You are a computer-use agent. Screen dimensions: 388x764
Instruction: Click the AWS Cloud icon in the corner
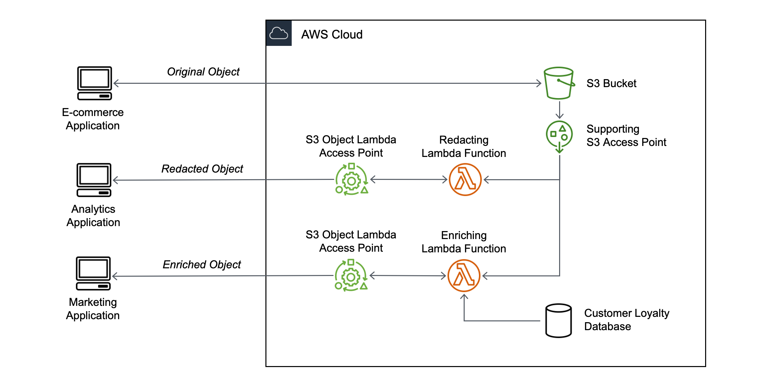pyautogui.click(x=279, y=33)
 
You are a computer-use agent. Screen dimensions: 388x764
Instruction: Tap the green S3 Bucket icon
pyautogui.click(x=559, y=83)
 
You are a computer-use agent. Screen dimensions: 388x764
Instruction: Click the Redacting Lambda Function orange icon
pyautogui.click(x=465, y=180)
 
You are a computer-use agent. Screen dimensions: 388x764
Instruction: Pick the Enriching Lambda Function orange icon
pyautogui.click(x=464, y=276)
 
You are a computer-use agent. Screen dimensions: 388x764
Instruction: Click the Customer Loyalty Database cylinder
pyautogui.click(x=558, y=321)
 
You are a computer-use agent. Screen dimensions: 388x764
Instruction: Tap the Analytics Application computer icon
pyautogui.click(x=94, y=180)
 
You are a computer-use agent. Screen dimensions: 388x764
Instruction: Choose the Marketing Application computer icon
pyautogui.click(x=93, y=273)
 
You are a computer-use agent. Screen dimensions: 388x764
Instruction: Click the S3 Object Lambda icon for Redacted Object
pyautogui.click(x=352, y=180)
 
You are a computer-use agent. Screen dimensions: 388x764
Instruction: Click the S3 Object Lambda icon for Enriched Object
pyautogui.click(x=351, y=276)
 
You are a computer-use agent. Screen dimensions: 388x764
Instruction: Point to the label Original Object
pyautogui.click(x=203, y=72)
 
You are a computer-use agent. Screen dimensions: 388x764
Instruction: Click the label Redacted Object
pyautogui.click(x=202, y=169)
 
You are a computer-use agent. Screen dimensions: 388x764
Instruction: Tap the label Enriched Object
pyautogui.click(x=202, y=265)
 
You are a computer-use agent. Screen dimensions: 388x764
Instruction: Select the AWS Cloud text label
pyautogui.click(x=332, y=35)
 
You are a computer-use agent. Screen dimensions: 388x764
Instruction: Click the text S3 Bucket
pyautogui.click(x=611, y=83)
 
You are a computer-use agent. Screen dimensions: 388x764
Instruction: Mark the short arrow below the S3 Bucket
pyautogui.click(x=559, y=110)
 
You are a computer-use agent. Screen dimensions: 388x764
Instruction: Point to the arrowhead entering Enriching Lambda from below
pyautogui.click(x=464, y=297)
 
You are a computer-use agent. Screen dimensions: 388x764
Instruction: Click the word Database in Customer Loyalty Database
pyautogui.click(x=607, y=326)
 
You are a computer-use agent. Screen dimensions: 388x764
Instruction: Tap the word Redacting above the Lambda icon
pyautogui.click(x=464, y=140)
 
